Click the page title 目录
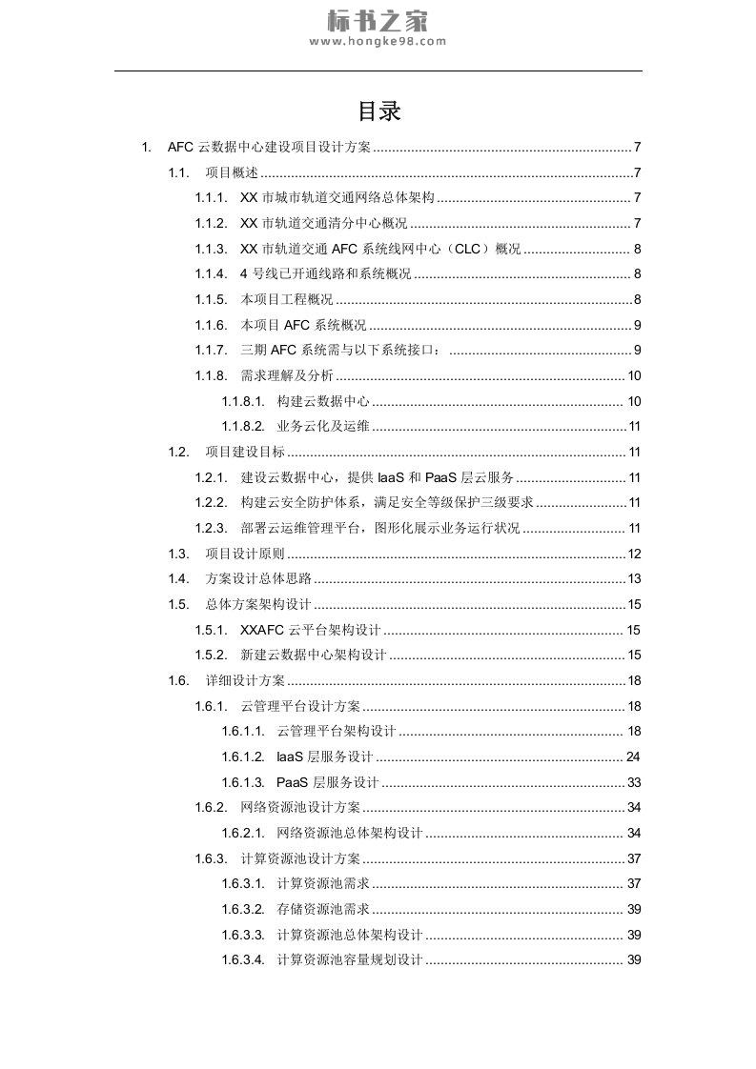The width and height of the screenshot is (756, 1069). pos(378,111)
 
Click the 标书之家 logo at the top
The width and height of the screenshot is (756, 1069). pos(378,20)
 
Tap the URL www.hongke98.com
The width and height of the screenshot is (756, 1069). pos(378,42)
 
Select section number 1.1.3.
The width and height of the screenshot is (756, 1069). pos(211,249)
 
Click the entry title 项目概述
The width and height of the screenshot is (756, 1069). pos(232,172)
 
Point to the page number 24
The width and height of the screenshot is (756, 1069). pos(634,756)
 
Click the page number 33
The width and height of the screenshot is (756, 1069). pos(634,782)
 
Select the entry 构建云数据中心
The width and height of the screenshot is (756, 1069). pos(323,401)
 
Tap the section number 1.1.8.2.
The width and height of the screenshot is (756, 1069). pos(243,426)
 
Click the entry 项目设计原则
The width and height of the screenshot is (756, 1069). pos(245,554)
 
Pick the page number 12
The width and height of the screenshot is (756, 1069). pos(634,554)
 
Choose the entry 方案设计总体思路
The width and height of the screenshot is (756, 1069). pos(258,578)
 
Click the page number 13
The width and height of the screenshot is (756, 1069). pos(634,578)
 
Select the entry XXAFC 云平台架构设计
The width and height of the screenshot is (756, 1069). pos(311,630)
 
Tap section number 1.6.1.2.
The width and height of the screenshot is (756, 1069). pos(243,756)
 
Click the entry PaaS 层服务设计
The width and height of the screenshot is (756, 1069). pos(327,782)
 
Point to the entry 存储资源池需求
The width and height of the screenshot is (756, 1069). pos(323,909)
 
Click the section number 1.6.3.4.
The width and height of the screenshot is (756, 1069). pos(243,959)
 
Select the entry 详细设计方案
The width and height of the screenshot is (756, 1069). pos(245,680)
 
